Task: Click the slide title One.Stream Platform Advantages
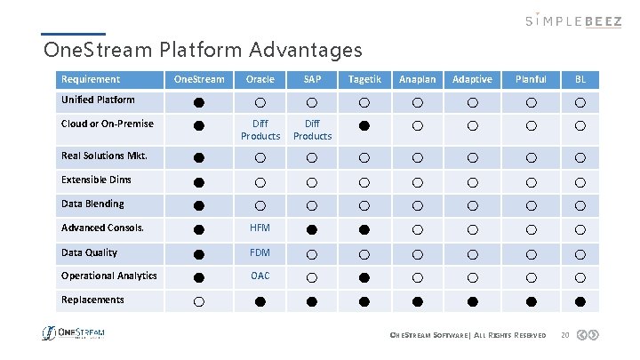tap(203, 48)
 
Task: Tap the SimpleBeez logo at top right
tap(573, 20)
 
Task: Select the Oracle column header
tap(260, 79)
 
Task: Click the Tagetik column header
tap(364, 79)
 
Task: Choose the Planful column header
tap(531, 79)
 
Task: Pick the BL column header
tap(580, 79)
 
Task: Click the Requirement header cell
tap(91, 79)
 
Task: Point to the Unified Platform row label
tap(98, 100)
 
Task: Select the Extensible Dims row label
tap(96, 180)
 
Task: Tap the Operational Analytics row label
tap(108, 276)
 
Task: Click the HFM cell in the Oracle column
tap(260, 228)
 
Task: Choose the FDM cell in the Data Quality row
tap(260, 252)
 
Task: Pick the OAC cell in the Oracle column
tap(260, 276)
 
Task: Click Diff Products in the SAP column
tap(312, 130)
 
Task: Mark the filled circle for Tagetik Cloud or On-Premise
tap(364, 125)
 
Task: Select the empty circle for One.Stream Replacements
tap(199, 302)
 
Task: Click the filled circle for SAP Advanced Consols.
tap(312, 229)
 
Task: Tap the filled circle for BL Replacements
tap(580, 301)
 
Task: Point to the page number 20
tap(564, 335)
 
